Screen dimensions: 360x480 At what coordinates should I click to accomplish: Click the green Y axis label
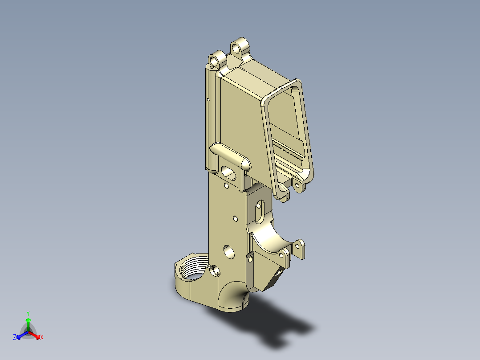(28, 313)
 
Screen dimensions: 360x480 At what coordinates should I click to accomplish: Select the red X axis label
(42, 338)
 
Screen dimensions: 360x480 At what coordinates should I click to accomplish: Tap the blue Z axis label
(15, 337)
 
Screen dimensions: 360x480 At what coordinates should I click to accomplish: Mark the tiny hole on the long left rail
(208, 99)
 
